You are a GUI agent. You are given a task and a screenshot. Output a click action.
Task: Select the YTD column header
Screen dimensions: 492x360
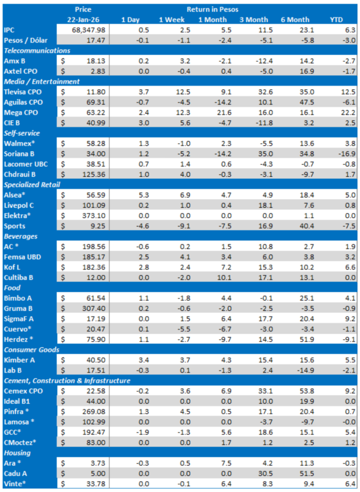(x=336, y=19)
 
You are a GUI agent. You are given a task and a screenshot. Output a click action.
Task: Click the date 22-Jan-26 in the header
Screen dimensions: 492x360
(x=83, y=19)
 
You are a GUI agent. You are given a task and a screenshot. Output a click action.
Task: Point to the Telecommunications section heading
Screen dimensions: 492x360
(x=37, y=51)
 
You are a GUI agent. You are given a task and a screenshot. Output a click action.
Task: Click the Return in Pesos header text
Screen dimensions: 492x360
(x=212, y=9)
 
